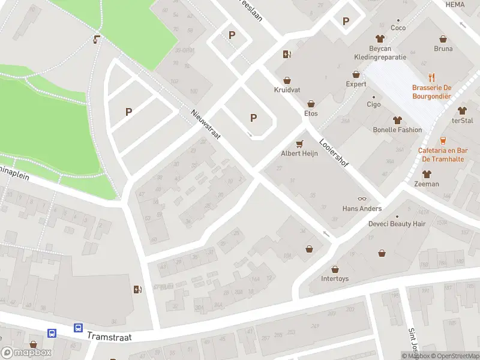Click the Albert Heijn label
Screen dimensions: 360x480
[x=299, y=154]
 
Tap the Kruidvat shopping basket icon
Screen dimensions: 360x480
[x=287, y=80]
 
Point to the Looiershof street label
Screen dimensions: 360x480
[x=334, y=154]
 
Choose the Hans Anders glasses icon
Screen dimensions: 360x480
[x=362, y=199]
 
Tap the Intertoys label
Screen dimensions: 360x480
[x=335, y=279]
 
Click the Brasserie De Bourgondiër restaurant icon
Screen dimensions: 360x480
[x=431, y=77]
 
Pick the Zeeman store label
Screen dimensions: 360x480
[x=427, y=184]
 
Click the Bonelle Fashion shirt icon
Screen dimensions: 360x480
[x=397, y=119]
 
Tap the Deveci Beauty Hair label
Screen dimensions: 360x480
[x=397, y=224]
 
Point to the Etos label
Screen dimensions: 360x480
[x=311, y=113]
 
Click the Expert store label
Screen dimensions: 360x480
[x=356, y=85]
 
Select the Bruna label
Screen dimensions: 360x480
[x=443, y=49]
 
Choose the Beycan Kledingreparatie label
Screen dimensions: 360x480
[x=379, y=52]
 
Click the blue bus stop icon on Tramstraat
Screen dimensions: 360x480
[x=78, y=328]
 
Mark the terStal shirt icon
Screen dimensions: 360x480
[x=461, y=110]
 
